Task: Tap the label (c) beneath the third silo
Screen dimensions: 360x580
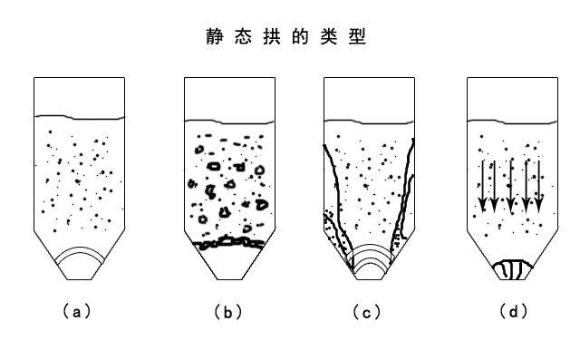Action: (x=367, y=312)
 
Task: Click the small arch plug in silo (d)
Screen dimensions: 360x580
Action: (x=512, y=268)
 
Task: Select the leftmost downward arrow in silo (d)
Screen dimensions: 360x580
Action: (x=483, y=185)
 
